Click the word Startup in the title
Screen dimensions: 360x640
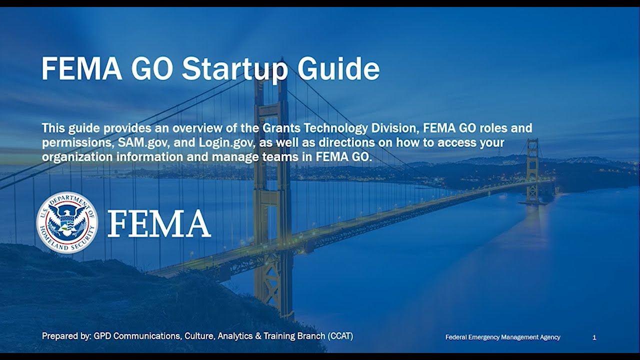pyautogui.click(x=234, y=69)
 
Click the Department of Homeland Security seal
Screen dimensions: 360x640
pyautogui.click(x=67, y=222)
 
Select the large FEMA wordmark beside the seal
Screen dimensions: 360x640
pyautogui.click(x=159, y=223)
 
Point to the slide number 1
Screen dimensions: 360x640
pyautogui.click(x=594, y=337)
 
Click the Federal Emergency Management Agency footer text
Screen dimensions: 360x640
pyautogui.click(x=502, y=337)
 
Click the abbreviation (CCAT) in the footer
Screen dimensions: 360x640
pyautogui.click(x=340, y=336)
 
